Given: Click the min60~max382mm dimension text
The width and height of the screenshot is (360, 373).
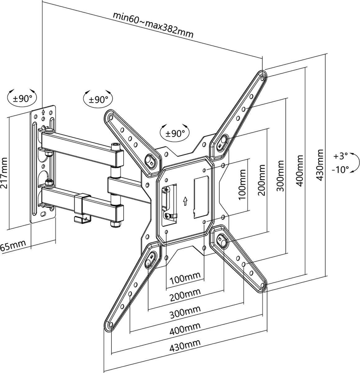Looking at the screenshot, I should click(x=153, y=25).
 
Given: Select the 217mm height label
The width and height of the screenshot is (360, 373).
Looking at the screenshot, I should click(x=4, y=173).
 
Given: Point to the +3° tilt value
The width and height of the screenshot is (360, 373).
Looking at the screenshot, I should click(x=340, y=156).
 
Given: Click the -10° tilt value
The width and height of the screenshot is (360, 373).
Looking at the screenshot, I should click(x=340, y=170).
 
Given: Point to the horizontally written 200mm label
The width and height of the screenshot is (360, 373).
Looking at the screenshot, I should click(x=185, y=294).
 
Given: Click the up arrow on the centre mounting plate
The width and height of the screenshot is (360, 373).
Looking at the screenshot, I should click(x=185, y=201).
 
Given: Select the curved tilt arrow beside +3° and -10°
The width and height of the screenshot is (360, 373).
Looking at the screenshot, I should click(x=357, y=163).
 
